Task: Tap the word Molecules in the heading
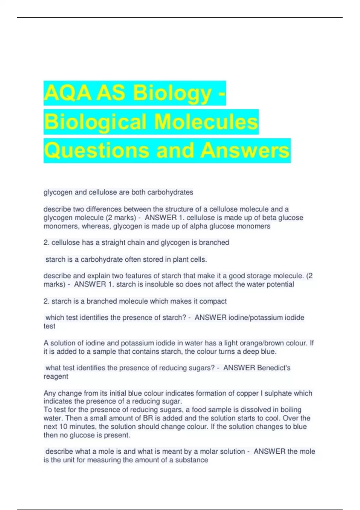tap(206, 122)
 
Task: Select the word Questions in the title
tap(96, 151)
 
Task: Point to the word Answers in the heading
tap(245, 151)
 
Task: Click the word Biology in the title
tap(172, 94)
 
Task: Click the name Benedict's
tap(274, 368)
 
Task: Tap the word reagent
tap(56, 376)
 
